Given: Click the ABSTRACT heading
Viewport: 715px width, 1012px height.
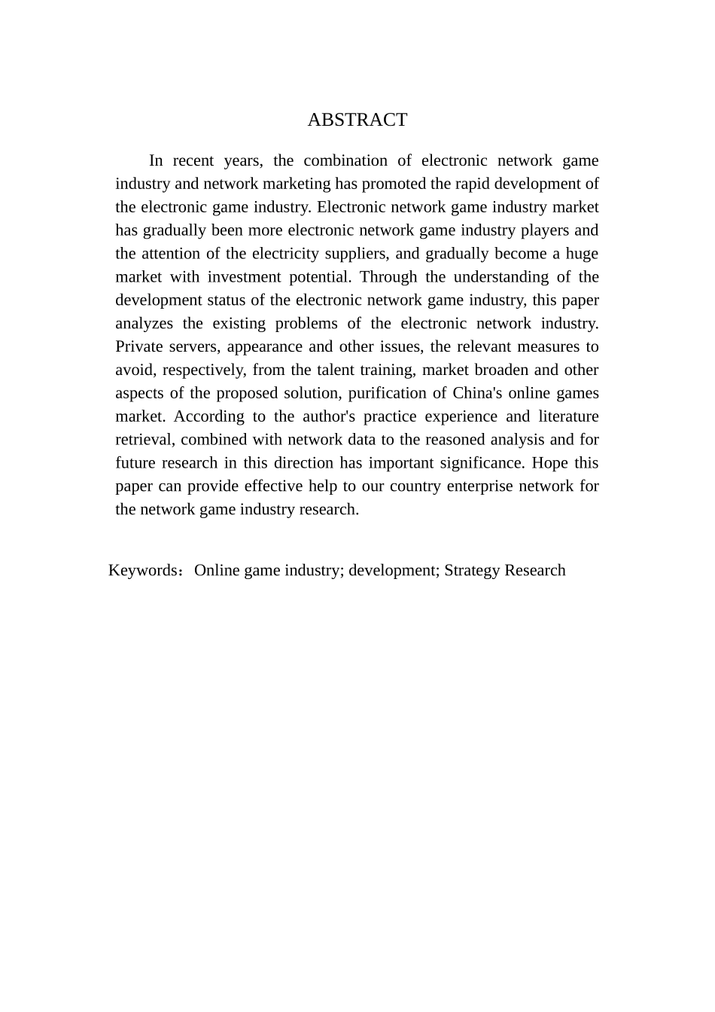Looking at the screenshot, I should pos(357,120).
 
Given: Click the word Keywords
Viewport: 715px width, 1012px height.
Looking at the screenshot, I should pos(143,570).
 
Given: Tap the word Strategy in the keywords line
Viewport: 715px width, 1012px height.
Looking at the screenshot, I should pos(472,570).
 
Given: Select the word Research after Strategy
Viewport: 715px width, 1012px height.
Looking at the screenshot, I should pos(535,570).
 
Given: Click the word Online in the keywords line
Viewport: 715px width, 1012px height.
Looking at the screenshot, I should pos(217,570).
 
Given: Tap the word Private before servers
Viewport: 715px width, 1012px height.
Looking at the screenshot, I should pos(139,346).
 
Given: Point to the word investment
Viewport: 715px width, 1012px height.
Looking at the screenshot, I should pos(243,276).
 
